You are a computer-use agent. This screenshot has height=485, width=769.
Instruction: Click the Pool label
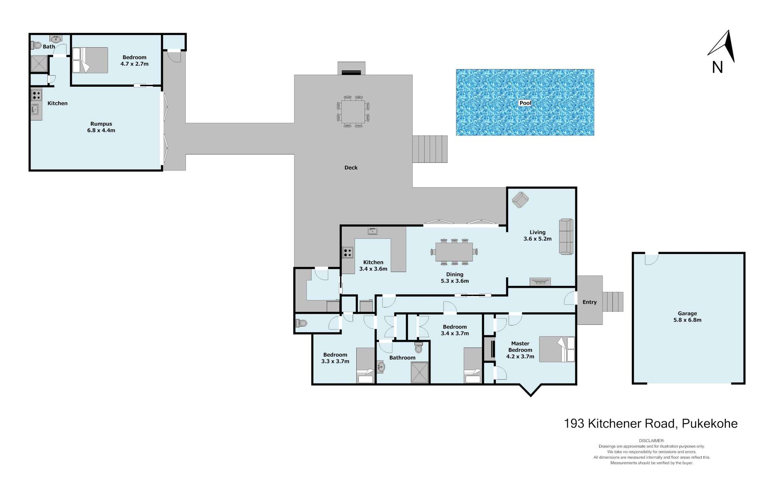[x=525, y=103]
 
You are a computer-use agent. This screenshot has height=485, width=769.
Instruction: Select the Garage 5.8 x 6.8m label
[x=687, y=317]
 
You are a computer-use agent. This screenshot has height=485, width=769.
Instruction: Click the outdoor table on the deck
[x=353, y=112]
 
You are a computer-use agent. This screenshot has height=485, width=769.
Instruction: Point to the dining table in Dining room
[x=454, y=252]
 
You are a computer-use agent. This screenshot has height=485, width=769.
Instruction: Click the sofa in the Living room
[x=566, y=236]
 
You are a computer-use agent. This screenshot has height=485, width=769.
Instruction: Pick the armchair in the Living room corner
[x=520, y=199]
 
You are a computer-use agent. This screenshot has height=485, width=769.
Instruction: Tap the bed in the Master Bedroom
[x=557, y=349]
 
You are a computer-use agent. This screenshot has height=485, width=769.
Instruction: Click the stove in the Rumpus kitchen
[x=36, y=95]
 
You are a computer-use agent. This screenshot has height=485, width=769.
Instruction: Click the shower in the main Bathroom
[x=420, y=372]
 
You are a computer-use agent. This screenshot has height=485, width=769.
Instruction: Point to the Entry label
[x=589, y=302]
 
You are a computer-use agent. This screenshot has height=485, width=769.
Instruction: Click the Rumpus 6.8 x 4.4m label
[x=101, y=127]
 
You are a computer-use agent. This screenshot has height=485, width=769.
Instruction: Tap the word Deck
[x=351, y=168]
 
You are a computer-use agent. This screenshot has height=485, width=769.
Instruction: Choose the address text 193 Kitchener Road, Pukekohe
[x=651, y=424]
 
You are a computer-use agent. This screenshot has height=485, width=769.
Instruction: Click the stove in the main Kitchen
[x=347, y=253]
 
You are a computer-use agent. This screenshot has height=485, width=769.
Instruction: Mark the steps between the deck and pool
[x=430, y=149]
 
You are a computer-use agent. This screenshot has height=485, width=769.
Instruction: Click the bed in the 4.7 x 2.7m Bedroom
[x=90, y=60]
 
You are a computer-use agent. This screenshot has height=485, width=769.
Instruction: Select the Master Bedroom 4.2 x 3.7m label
[x=520, y=350]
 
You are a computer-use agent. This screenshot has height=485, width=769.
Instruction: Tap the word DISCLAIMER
[x=652, y=441]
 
